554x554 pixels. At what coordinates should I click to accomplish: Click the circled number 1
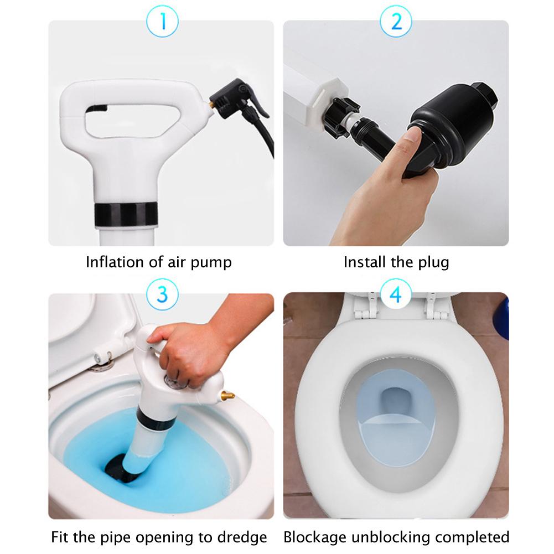[x=162, y=21]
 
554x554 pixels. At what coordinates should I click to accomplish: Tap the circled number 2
[x=396, y=21]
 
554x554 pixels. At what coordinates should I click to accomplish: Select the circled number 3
[x=162, y=294]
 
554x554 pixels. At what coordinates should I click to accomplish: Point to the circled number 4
[x=396, y=294]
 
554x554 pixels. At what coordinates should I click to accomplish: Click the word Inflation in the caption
[x=115, y=262]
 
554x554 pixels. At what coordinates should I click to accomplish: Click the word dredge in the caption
[x=242, y=537]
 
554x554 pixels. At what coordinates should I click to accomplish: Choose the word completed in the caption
[x=472, y=537]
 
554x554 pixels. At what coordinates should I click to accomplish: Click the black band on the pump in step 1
[x=126, y=214]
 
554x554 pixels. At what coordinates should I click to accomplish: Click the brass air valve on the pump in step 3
[x=227, y=395]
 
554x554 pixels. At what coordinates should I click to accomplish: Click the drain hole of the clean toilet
[x=396, y=401]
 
